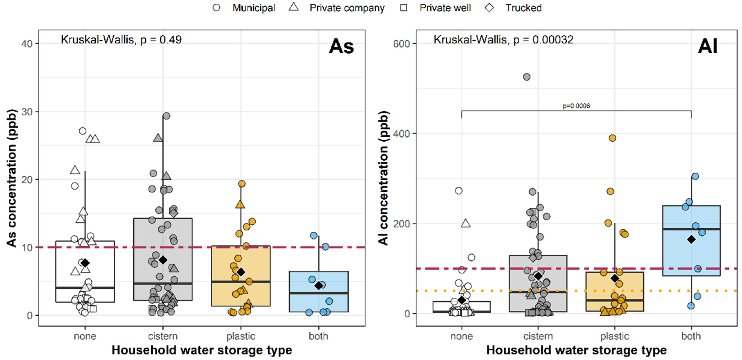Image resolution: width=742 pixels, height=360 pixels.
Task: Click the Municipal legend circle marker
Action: (x=216, y=8)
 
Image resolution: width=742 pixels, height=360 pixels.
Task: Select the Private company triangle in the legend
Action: (x=294, y=7)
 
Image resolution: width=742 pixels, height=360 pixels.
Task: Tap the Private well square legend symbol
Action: (x=404, y=8)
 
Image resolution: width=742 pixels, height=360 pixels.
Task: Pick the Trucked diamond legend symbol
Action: (x=489, y=8)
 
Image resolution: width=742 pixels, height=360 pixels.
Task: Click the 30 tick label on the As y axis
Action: (x=27, y=112)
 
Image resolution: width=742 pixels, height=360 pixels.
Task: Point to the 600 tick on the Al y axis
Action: (x=401, y=44)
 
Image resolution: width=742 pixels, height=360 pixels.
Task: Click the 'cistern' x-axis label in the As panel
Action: (x=163, y=336)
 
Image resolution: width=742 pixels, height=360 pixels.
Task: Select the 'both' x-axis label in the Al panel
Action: (x=691, y=336)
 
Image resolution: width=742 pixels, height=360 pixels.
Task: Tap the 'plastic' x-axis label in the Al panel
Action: (x=615, y=336)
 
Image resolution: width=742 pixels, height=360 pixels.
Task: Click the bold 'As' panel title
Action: (x=341, y=46)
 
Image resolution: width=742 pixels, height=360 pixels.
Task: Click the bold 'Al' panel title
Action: (x=707, y=46)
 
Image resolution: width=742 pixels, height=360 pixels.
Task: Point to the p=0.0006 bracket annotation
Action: (x=576, y=106)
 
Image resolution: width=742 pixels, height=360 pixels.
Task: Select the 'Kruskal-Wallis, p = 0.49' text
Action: (x=121, y=40)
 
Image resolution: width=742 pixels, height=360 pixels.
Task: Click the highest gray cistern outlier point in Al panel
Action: (x=527, y=77)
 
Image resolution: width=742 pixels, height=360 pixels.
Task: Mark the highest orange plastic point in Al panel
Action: (x=612, y=138)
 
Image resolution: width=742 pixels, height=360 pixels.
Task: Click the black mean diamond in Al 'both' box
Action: (x=691, y=239)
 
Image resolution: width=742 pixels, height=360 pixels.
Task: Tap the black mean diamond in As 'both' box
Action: (x=319, y=286)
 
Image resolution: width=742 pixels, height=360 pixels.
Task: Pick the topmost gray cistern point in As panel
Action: (x=167, y=116)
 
